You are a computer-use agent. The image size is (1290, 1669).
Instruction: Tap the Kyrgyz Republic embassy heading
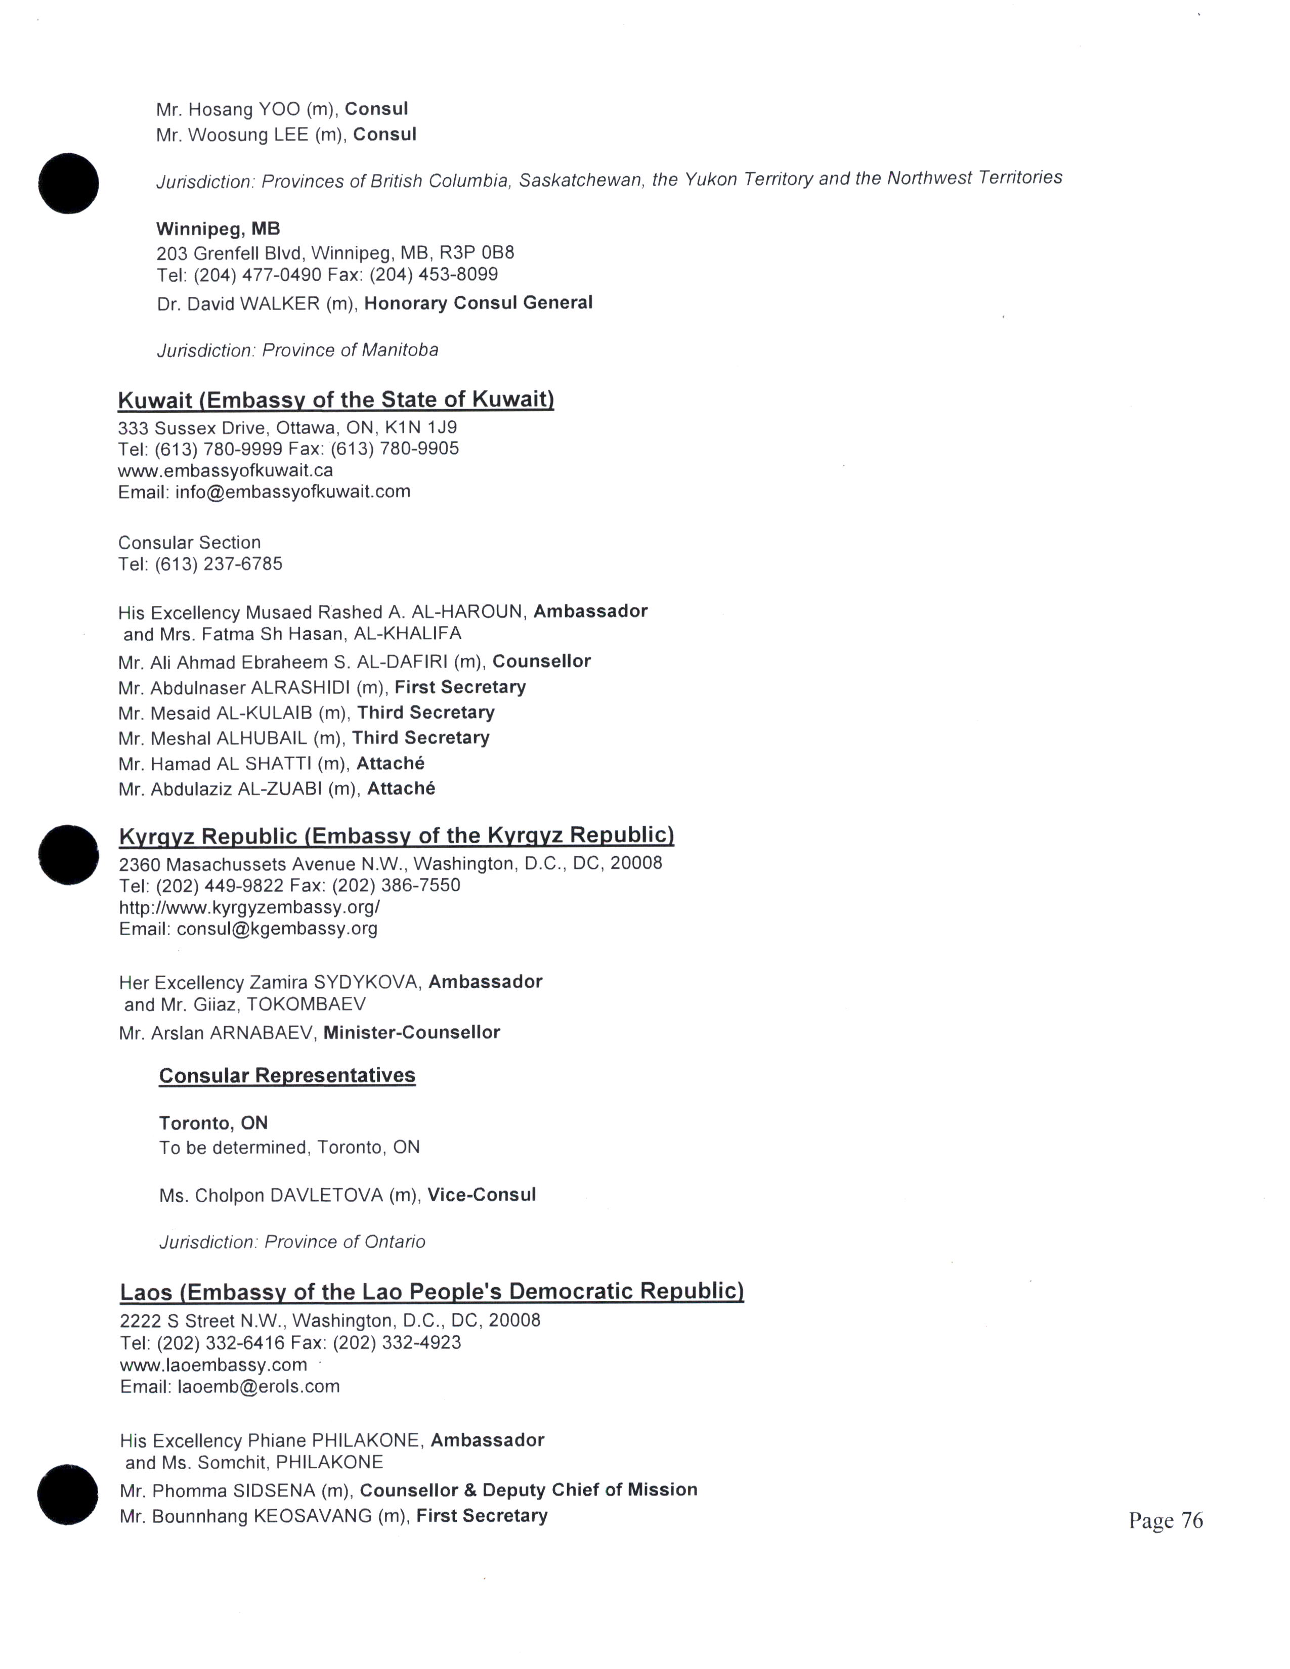click(396, 836)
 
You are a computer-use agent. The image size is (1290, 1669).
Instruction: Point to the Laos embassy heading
click(432, 1291)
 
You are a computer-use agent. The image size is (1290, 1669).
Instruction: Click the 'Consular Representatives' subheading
click(287, 1075)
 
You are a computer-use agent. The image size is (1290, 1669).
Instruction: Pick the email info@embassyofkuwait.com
click(293, 492)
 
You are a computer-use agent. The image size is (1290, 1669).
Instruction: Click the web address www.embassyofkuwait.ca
click(226, 470)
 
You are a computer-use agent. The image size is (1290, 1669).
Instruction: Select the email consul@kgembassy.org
click(277, 929)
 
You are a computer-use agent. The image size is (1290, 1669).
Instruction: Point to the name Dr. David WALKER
click(238, 303)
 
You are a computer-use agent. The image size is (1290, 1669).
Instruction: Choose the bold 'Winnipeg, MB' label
click(218, 229)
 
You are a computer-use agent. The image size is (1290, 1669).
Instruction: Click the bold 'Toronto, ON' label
click(213, 1123)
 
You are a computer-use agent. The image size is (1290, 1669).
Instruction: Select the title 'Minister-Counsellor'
click(411, 1032)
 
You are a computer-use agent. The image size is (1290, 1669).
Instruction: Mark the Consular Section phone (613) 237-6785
click(219, 564)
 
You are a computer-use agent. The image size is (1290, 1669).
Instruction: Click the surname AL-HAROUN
click(467, 612)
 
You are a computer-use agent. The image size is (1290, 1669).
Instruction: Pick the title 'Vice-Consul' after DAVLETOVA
click(482, 1195)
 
